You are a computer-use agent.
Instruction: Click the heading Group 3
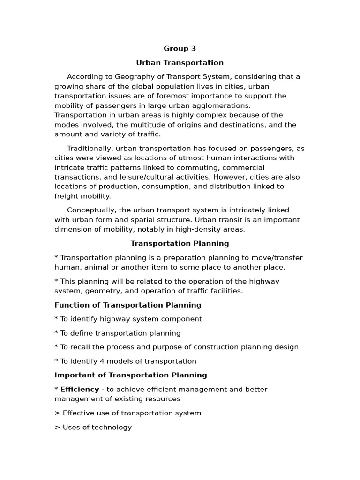coord(180,49)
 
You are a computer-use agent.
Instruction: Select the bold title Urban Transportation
coord(180,63)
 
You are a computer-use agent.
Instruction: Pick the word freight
coord(65,196)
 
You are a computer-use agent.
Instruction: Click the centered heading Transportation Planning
coord(180,244)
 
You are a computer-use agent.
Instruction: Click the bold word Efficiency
coord(80,390)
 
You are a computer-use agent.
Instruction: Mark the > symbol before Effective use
coord(57,413)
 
